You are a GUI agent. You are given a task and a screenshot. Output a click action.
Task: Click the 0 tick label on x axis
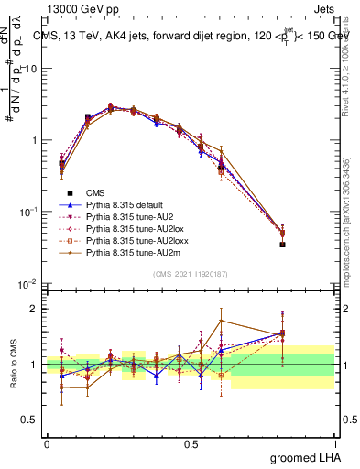pyautogui.click(x=47, y=443)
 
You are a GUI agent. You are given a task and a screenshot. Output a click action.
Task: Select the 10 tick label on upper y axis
pyautogui.click(x=32, y=70)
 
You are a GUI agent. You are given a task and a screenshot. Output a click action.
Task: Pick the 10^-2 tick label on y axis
pyautogui.click(x=29, y=283)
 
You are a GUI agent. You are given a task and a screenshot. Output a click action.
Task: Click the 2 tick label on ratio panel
pyautogui.click(x=35, y=309)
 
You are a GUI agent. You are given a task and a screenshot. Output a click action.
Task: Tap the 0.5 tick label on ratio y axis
pyautogui.click(x=30, y=420)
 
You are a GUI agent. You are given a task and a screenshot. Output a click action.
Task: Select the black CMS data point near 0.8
pyautogui.click(x=282, y=245)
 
